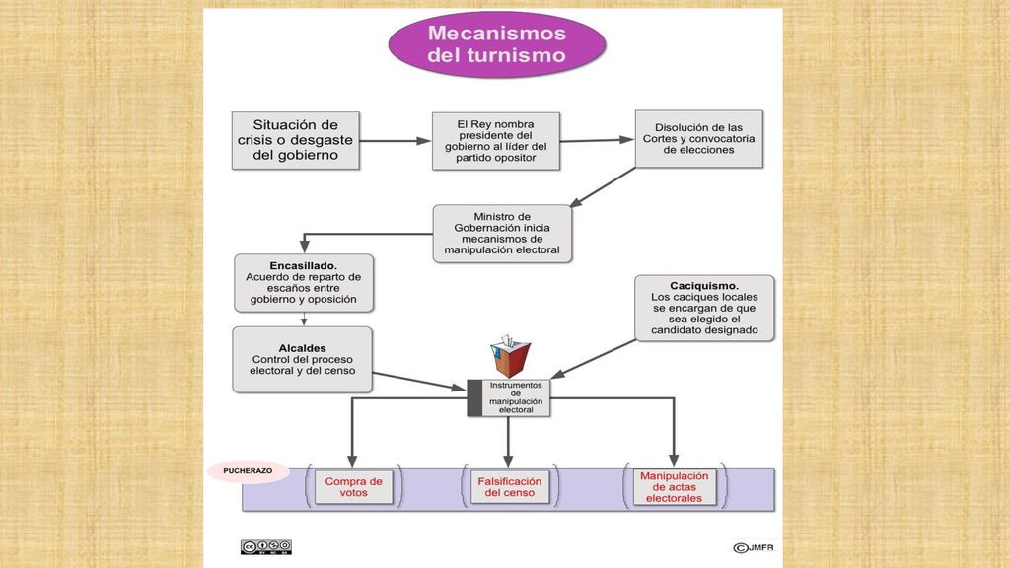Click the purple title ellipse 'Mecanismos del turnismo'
point(497,44)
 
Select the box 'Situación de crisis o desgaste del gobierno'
point(296,140)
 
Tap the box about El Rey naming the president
point(496,141)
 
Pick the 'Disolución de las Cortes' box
point(699,139)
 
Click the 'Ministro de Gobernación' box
point(502,234)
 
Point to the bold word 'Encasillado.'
point(304,266)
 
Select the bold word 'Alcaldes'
point(302,348)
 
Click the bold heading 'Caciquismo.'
point(704,286)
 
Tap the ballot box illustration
point(510,355)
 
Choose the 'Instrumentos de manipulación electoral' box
point(509,397)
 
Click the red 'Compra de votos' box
point(354,487)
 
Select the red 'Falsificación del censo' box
point(509,487)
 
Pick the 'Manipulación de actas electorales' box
point(675,487)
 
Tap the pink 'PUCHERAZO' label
point(248,471)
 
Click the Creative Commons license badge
point(266,547)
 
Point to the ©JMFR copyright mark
point(754,548)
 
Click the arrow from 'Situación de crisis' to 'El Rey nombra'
point(395,141)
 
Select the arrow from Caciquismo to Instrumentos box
point(593,359)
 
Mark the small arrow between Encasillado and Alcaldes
point(304,319)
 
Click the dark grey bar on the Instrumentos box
point(474,398)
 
